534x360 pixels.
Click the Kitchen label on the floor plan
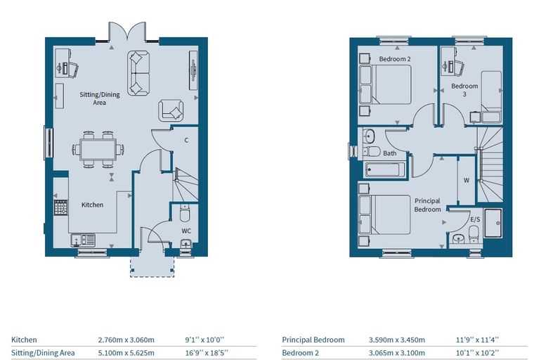coord(92,205)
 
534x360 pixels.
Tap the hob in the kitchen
coord(61,207)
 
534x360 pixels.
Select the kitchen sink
coord(83,240)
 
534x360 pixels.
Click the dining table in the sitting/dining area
coord(98,150)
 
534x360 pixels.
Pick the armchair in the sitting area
coord(171,110)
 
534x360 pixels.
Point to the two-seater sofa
coord(138,72)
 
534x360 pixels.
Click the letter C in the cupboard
coord(186,140)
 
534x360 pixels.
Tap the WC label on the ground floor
coord(186,231)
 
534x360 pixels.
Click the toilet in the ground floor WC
coord(185,213)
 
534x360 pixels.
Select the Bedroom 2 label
coord(395,59)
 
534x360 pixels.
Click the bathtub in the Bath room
coord(385,169)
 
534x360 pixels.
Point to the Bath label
coord(389,153)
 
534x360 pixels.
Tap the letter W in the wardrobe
coord(467,180)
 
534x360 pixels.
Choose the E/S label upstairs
coord(475,219)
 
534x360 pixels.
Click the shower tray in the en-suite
coord(493,223)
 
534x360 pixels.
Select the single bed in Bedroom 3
coord(491,97)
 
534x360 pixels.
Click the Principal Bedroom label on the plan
coord(427,205)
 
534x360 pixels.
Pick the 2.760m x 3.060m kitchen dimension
coord(126,340)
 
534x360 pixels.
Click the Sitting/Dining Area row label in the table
coord(43,353)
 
